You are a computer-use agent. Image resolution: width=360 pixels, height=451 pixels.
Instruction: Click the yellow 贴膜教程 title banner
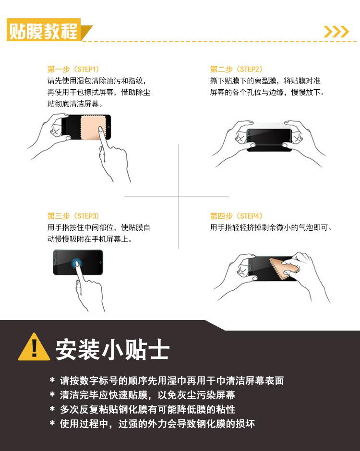pos(44,30)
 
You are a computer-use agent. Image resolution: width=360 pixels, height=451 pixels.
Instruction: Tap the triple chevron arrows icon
pos(336,32)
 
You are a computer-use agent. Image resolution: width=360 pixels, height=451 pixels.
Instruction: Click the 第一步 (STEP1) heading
pos(73,69)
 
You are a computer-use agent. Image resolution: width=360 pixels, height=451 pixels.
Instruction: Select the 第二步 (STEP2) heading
pos(236,69)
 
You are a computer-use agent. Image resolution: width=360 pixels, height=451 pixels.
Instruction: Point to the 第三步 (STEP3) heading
pos(73,216)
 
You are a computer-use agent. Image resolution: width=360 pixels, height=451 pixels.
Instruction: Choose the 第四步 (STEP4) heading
pos(236,216)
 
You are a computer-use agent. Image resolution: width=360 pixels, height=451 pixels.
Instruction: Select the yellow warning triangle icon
pos(34,347)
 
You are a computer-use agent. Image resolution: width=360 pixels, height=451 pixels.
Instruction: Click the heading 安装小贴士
pos(112,350)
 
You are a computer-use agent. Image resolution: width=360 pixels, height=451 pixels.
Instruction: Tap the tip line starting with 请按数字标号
pos(171,380)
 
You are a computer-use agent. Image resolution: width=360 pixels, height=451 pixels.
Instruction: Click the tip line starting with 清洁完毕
pos(147,395)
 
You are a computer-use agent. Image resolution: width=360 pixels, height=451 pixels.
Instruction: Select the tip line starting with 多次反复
pos(147,409)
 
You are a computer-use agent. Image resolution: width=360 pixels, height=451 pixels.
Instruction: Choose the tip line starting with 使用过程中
pos(157,424)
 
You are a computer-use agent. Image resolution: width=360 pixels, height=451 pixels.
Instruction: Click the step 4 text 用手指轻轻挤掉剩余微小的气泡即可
pos(271,228)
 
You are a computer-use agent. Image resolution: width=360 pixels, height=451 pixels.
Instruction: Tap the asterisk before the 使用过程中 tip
pos(52,423)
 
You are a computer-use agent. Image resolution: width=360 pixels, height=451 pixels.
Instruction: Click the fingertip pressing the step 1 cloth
pos(101,129)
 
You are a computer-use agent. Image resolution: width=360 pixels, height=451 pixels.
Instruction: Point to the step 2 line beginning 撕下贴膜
pos(265,81)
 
